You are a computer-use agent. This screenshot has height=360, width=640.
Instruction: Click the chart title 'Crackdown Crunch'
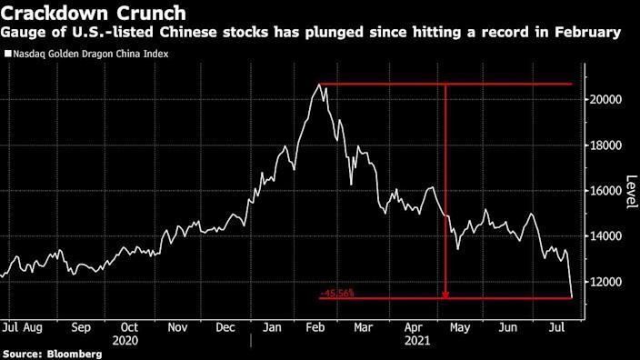95,14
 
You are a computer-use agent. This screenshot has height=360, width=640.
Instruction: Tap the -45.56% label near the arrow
336,293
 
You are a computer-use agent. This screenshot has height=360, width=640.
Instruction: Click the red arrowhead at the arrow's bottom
445,293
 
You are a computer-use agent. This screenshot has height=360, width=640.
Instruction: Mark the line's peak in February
318,85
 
